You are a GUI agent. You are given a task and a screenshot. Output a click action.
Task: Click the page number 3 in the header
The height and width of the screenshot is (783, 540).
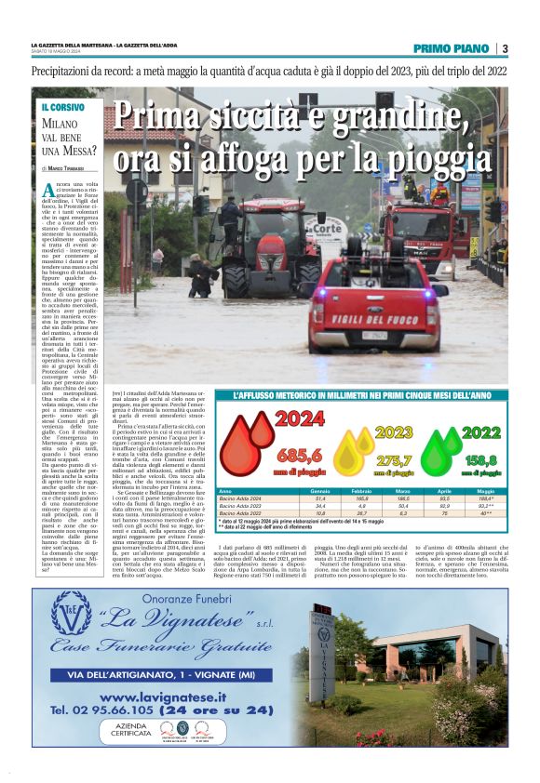tap(505, 48)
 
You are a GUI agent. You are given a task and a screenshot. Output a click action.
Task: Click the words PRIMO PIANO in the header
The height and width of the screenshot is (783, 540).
tap(454, 48)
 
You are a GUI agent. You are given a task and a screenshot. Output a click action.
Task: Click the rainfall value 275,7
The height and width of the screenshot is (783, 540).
tap(394, 459)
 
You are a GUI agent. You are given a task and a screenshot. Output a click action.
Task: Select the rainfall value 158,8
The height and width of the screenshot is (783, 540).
tap(481, 459)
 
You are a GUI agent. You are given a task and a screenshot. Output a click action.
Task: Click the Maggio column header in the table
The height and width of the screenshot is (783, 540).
tap(485, 490)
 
